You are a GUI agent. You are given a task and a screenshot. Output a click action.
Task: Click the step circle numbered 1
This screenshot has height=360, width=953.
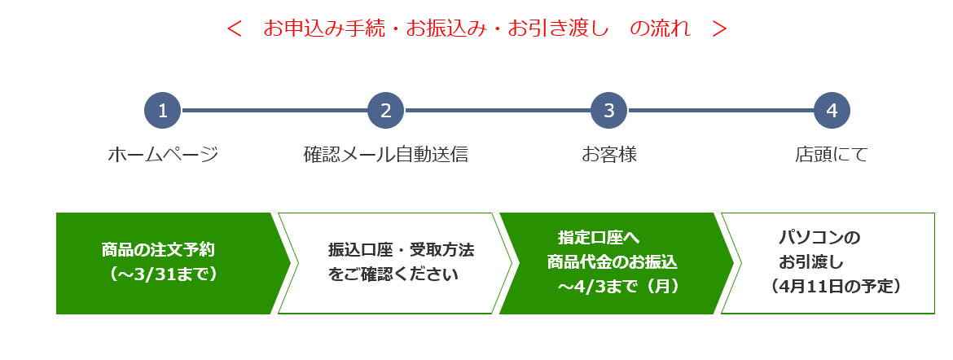[162, 111]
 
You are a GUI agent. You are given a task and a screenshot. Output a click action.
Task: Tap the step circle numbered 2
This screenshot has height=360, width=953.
[386, 111]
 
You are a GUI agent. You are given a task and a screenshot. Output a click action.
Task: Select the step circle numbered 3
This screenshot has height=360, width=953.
[609, 111]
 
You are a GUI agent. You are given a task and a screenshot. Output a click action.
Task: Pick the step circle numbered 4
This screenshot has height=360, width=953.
[832, 111]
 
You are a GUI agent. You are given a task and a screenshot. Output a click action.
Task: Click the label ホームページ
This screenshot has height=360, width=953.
[163, 155]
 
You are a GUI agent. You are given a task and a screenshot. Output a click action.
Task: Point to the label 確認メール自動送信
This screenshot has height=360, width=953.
[386, 155]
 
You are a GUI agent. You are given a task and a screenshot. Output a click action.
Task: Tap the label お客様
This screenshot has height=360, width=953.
[609, 155]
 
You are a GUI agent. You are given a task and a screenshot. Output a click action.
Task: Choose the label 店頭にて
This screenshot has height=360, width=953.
[832, 155]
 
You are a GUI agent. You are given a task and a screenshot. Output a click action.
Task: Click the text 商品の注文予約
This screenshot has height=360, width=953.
[158, 249]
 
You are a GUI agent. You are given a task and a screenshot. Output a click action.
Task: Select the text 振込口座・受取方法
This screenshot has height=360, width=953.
[401, 249]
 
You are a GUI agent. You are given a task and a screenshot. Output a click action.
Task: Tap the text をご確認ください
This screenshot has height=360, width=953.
[393, 274]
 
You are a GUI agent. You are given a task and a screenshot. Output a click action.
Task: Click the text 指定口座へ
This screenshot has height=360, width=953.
[599, 237]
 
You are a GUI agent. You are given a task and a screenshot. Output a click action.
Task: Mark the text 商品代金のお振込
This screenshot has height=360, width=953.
[612, 262]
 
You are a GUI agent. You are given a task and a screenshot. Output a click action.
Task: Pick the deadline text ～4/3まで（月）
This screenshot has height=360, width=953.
[619, 287]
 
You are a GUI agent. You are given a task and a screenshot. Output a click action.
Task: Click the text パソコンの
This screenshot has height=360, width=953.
[820, 237]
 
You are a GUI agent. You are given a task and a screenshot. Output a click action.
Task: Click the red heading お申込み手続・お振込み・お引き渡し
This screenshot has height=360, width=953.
[436, 29]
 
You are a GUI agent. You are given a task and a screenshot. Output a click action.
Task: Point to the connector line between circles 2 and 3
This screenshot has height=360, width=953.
[498, 111]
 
